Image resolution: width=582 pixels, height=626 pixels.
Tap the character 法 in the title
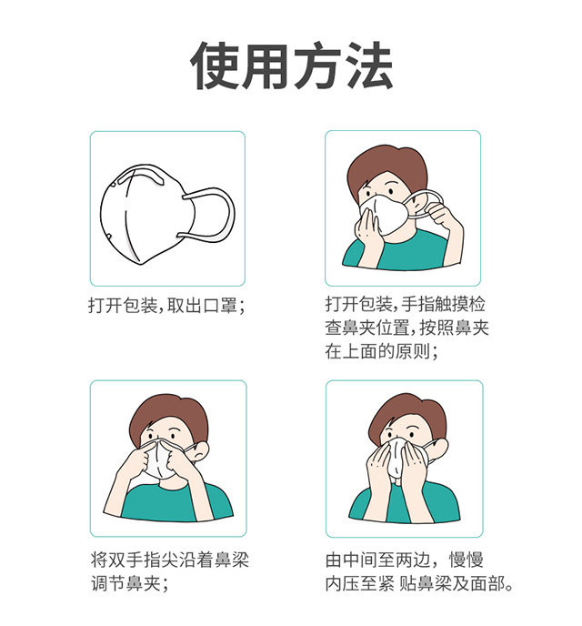point(366,66)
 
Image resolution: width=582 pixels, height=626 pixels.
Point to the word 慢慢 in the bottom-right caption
point(471,557)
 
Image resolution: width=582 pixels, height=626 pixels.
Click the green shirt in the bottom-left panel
point(168,503)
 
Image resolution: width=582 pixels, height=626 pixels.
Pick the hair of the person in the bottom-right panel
point(406,414)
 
